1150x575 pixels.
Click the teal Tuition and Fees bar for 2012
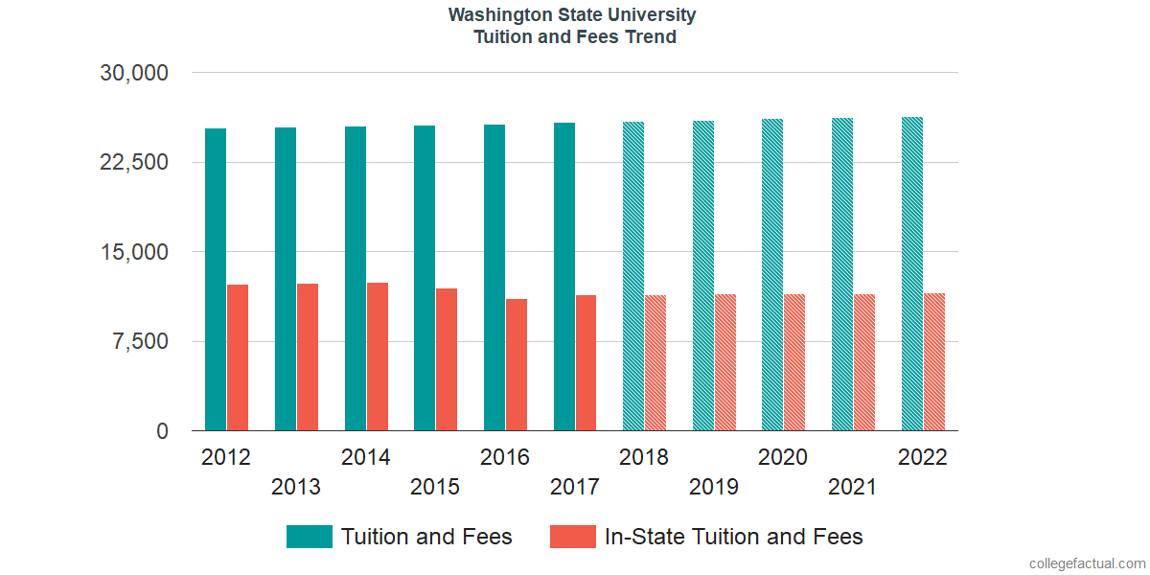click(216, 280)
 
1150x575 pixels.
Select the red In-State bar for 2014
click(378, 356)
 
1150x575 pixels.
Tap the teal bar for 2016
click(494, 278)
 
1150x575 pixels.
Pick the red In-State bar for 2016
click(517, 365)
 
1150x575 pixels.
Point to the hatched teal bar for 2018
click(633, 276)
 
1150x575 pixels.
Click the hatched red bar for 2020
click(794, 362)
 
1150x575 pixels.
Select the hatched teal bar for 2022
click(912, 274)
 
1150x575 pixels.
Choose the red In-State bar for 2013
click(308, 357)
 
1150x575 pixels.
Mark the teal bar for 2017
click(564, 277)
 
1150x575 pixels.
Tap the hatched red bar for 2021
click(864, 362)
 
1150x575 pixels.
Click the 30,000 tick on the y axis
click(134, 73)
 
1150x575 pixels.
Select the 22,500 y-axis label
click(134, 162)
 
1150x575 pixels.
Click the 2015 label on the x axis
click(435, 487)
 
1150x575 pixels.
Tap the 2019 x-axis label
click(714, 487)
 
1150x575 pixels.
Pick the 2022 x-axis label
click(922, 457)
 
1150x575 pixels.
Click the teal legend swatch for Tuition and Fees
click(310, 537)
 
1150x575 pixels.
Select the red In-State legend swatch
click(573, 537)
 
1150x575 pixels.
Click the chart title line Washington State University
click(572, 15)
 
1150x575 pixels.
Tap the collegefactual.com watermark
click(1087, 563)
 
